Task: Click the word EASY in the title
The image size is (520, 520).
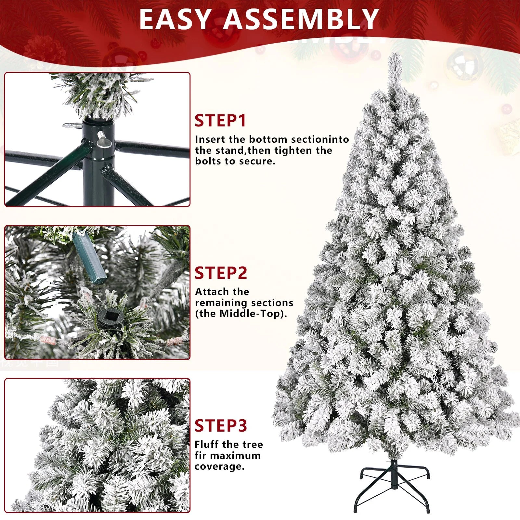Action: click(x=174, y=19)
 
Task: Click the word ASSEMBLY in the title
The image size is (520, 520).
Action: click(x=301, y=19)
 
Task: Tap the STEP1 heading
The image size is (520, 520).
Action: click(x=221, y=121)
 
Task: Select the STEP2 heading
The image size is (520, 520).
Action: click(x=221, y=273)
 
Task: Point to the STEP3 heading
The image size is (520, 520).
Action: click(x=221, y=425)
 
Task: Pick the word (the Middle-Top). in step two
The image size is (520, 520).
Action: click(x=241, y=314)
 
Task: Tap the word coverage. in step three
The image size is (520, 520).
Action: click(x=219, y=466)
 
